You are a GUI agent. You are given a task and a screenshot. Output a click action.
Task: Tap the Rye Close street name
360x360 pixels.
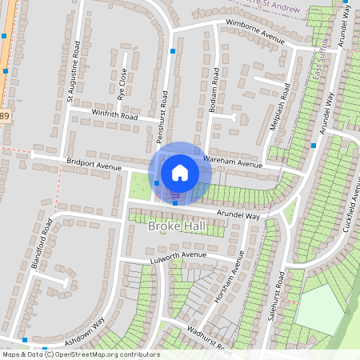[x=122, y=81]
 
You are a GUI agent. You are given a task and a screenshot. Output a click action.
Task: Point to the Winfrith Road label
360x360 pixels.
[x=115, y=117]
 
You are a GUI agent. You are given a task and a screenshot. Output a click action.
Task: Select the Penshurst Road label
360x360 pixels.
[x=163, y=111]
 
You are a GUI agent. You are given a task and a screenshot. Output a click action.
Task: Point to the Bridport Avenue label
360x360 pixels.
[x=94, y=164]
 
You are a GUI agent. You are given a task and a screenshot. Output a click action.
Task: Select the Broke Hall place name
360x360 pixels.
[x=177, y=226]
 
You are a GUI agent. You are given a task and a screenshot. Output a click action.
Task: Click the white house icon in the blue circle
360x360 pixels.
[x=180, y=172]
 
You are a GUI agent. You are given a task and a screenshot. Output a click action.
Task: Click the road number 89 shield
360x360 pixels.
[x=5, y=117]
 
